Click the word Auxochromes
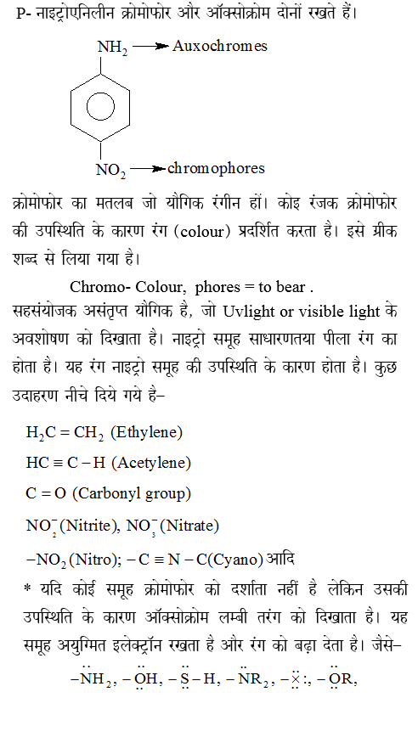pos(219,46)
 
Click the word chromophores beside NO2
pos(217,168)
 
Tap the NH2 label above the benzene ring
pos(112,48)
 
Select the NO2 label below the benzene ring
pos(110,170)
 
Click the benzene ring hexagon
pos(111,109)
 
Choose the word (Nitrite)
pos(88,526)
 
